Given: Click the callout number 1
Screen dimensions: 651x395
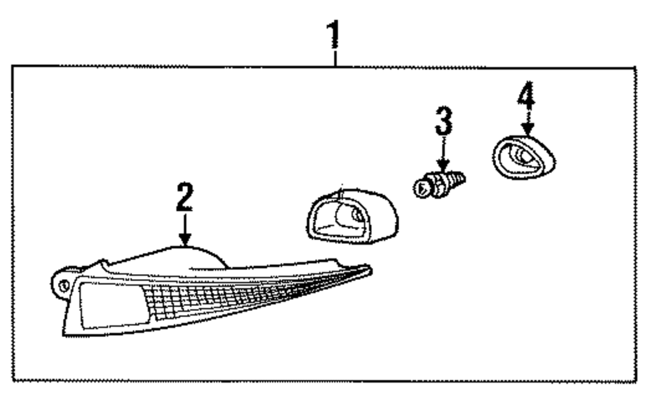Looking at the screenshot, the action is tap(335, 36).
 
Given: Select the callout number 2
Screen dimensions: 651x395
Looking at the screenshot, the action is tap(185, 198).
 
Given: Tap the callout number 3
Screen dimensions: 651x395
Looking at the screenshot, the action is tap(443, 122).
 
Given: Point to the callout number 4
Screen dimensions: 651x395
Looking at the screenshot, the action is tap(526, 98).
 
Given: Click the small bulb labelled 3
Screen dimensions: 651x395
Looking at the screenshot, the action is tap(440, 182).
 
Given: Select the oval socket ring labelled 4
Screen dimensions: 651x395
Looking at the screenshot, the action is tap(521, 157).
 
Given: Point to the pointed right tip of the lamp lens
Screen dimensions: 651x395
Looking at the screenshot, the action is tap(368, 267).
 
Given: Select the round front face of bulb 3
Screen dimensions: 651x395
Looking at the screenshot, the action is tap(422, 189).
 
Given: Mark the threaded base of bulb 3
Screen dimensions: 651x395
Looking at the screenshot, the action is tap(458, 176).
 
